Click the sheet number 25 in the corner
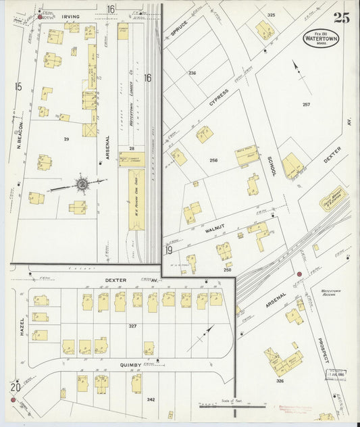(341, 18)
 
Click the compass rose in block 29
(82, 183)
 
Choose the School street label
(272, 163)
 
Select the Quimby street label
(131, 366)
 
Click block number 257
(306, 105)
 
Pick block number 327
(132, 326)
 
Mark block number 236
(192, 73)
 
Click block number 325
(271, 15)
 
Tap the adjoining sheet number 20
(15, 387)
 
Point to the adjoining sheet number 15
(18, 86)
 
